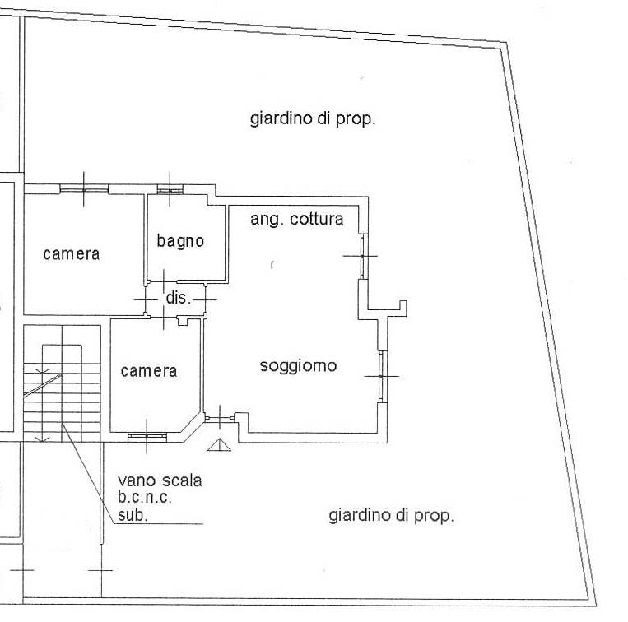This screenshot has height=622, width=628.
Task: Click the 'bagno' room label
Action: (180, 241)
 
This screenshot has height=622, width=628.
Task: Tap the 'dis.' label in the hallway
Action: (179, 298)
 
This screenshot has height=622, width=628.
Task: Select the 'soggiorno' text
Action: (298, 366)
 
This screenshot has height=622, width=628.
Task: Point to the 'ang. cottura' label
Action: (297, 220)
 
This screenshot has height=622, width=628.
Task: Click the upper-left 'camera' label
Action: (72, 254)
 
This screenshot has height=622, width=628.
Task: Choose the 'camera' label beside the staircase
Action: (149, 371)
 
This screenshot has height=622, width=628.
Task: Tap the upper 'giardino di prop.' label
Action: (313, 118)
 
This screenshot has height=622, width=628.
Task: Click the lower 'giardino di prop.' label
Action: (391, 516)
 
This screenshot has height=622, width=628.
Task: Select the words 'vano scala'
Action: (160, 480)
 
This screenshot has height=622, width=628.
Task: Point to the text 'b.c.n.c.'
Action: (145, 498)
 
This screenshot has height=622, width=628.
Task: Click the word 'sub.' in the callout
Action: (133, 515)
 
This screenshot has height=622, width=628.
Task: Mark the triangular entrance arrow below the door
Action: (219, 445)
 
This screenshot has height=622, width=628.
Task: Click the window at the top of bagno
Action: (170, 189)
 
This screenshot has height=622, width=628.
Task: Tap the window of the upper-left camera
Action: (84, 189)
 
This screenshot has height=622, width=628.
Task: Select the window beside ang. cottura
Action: (363, 256)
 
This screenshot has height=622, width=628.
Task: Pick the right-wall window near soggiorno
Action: (383, 376)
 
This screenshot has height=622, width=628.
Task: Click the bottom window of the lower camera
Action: (147, 437)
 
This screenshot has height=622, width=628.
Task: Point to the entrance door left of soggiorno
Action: (220, 418)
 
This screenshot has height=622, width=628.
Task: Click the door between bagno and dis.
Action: (164, 281)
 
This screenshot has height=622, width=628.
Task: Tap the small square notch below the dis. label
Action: (182, 321)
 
